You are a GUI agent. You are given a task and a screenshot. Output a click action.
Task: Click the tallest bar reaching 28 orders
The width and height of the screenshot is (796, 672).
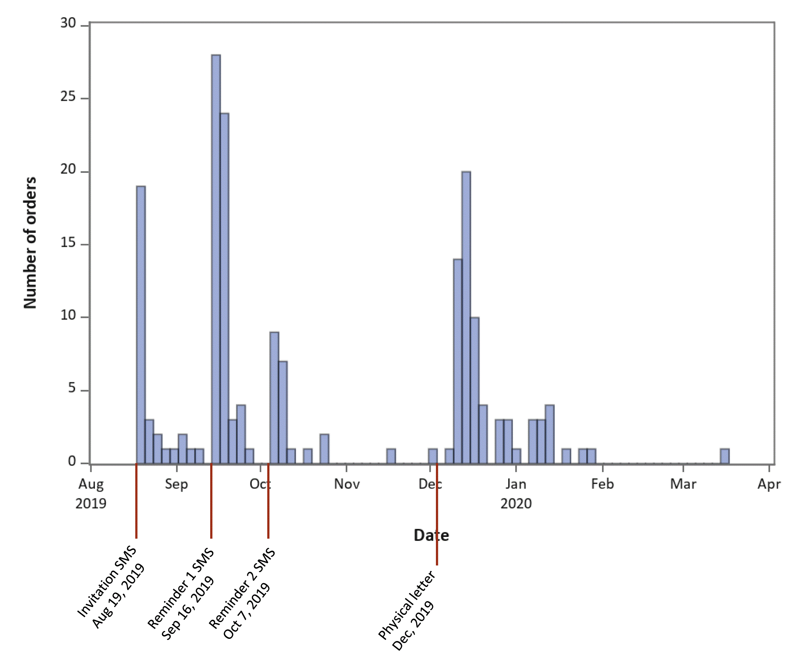point(216,259)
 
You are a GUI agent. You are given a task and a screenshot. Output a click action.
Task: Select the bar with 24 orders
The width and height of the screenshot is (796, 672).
point(224,289)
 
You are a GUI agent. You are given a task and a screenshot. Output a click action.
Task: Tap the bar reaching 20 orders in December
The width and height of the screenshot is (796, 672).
point(466,318)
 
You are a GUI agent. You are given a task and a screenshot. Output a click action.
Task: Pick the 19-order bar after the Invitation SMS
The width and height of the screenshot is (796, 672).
point(141,325)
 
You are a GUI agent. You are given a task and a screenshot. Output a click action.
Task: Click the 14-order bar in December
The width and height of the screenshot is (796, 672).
point(458,362)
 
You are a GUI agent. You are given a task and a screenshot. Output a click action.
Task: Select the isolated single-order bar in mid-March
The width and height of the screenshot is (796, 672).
point(725,456)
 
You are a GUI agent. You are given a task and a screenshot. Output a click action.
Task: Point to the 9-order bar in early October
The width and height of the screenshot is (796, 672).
point(274,398)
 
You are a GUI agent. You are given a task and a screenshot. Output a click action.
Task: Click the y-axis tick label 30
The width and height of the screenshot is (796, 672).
point(68,23)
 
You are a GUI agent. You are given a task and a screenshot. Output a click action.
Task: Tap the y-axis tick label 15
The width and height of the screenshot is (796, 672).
point(68,243)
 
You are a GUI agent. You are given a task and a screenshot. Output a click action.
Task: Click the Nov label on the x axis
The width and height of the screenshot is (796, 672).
point(347,484)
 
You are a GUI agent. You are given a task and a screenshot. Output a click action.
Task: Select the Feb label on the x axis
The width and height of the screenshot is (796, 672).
point(602,484)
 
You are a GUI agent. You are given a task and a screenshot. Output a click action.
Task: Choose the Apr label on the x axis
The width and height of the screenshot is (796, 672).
point(769,485)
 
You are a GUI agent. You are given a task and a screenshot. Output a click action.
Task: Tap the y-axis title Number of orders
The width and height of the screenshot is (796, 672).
point(30,243)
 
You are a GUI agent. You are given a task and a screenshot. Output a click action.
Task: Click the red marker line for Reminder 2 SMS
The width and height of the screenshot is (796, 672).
point(268,501)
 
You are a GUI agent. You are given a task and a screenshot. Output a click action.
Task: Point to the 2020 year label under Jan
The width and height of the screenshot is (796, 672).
point(516,504)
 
